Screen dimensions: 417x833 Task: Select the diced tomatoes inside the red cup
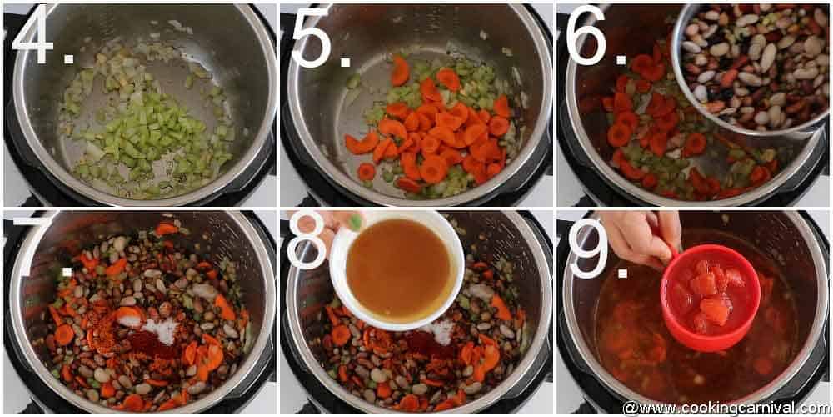point(708,292)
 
